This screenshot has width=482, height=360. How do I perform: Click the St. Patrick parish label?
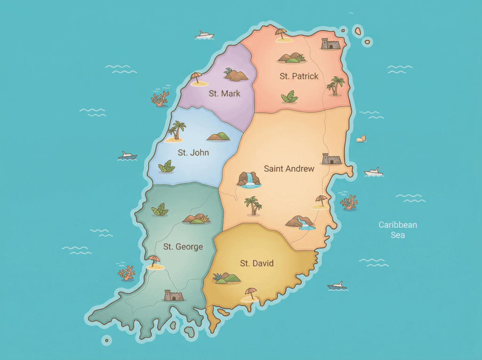coord(299,76)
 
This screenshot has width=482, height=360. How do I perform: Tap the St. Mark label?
coord(225,93)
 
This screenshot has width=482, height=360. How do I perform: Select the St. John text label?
coord(193,152)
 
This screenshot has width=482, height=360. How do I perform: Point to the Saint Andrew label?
coord(289,168)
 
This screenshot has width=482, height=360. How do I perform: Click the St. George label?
coord(183,247)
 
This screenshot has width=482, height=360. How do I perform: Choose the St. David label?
coord(257,264)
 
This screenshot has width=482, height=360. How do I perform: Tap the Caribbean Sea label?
coord(398,230)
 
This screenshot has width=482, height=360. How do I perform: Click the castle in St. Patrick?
coord(330,44)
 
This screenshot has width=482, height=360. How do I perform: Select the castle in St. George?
coord(173,296)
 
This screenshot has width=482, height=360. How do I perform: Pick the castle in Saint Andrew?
coord(331,159)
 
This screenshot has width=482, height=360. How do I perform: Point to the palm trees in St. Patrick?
coord(336,86)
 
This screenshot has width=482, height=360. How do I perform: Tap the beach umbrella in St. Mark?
coord(197,78)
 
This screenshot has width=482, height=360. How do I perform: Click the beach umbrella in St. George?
coord(154,261)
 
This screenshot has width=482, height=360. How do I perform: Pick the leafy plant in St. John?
coord(167,167)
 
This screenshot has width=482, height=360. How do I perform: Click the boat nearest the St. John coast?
coord(127,155)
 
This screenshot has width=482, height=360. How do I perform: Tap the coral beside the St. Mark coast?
coord(160,99)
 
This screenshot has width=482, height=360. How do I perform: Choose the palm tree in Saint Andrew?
coord(253,206)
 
